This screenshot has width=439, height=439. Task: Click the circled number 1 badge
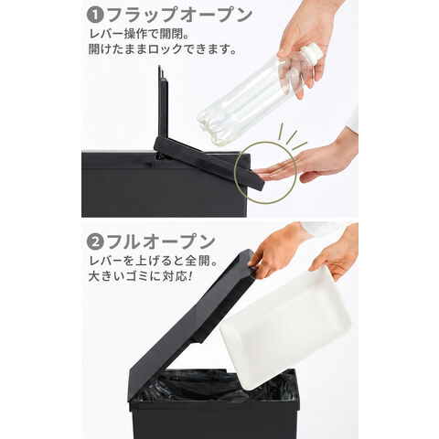[x=94, y=16]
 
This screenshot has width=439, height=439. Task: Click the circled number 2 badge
[x=94, y=241]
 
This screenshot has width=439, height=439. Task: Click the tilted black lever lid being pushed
[x=209, y=163]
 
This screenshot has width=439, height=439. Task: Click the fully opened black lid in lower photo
[x=192, y=323]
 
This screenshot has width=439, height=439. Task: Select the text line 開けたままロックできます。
[x=163, y=49]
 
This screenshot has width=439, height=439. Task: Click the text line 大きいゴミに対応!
[x=141, y=276]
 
